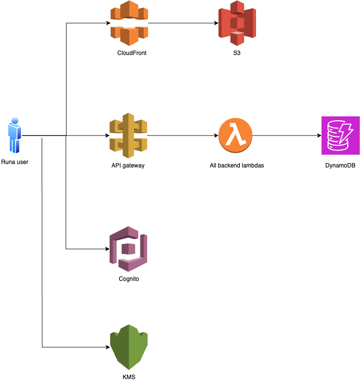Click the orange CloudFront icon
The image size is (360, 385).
click(129, 23)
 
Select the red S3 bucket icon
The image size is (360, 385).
click(237, 23)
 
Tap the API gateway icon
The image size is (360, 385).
click(129, 136)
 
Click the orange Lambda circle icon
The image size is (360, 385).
click(235, 136)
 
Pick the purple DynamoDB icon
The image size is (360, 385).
click(340, 136)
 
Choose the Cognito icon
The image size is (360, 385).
click(129, 248)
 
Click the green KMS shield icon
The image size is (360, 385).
click(129, 347)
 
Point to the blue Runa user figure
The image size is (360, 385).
click(15, 136)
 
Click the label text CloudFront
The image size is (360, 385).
click(131, 53)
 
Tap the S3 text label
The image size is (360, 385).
click(237, 53)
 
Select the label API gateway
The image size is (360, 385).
click(128, 165)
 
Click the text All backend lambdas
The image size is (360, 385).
click(236, 165)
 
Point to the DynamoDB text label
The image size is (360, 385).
click(340, 165)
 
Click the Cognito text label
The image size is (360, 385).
click(129, 279)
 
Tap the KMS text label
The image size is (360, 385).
click(129, 377)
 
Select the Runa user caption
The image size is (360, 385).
click(15, 162)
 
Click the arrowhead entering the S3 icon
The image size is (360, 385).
click(216, 23)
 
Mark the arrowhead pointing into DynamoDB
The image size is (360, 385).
click(319, 136)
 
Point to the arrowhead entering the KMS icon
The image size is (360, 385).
click(108, 347)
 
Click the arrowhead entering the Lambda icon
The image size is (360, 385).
click(216, 136)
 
